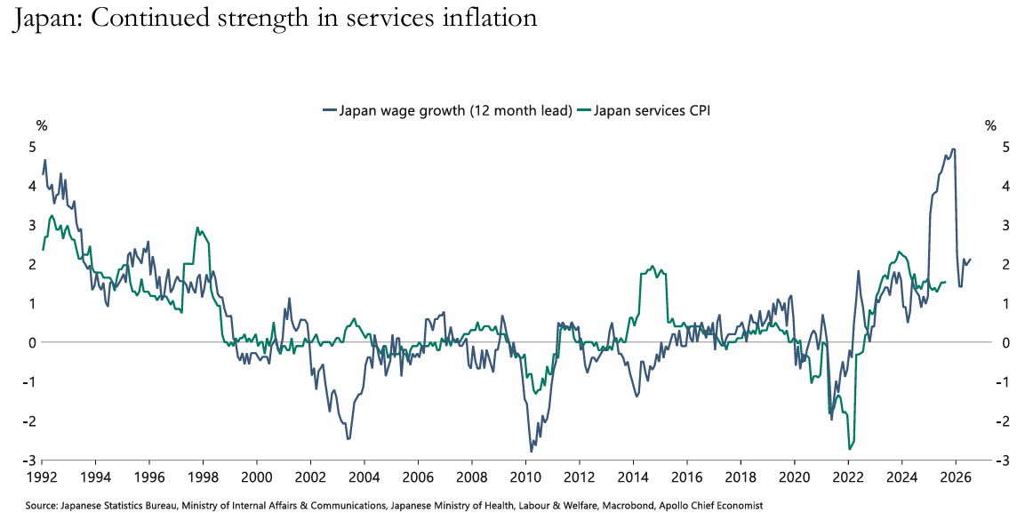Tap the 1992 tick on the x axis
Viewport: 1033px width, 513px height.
[42, 476]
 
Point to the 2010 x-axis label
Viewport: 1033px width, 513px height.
[525, 476]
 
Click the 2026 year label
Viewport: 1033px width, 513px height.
[956, 476]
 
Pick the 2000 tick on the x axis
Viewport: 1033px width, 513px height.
[257, 476]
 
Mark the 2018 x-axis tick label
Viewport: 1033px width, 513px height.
[741, 476]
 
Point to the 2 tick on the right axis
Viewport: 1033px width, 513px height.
[1004, 264]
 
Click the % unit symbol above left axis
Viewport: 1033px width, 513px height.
[42, 126]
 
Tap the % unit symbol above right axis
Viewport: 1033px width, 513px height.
[990, 126]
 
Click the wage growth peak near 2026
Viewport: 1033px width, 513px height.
[953, 149]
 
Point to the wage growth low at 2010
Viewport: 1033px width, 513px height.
[532, 452]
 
